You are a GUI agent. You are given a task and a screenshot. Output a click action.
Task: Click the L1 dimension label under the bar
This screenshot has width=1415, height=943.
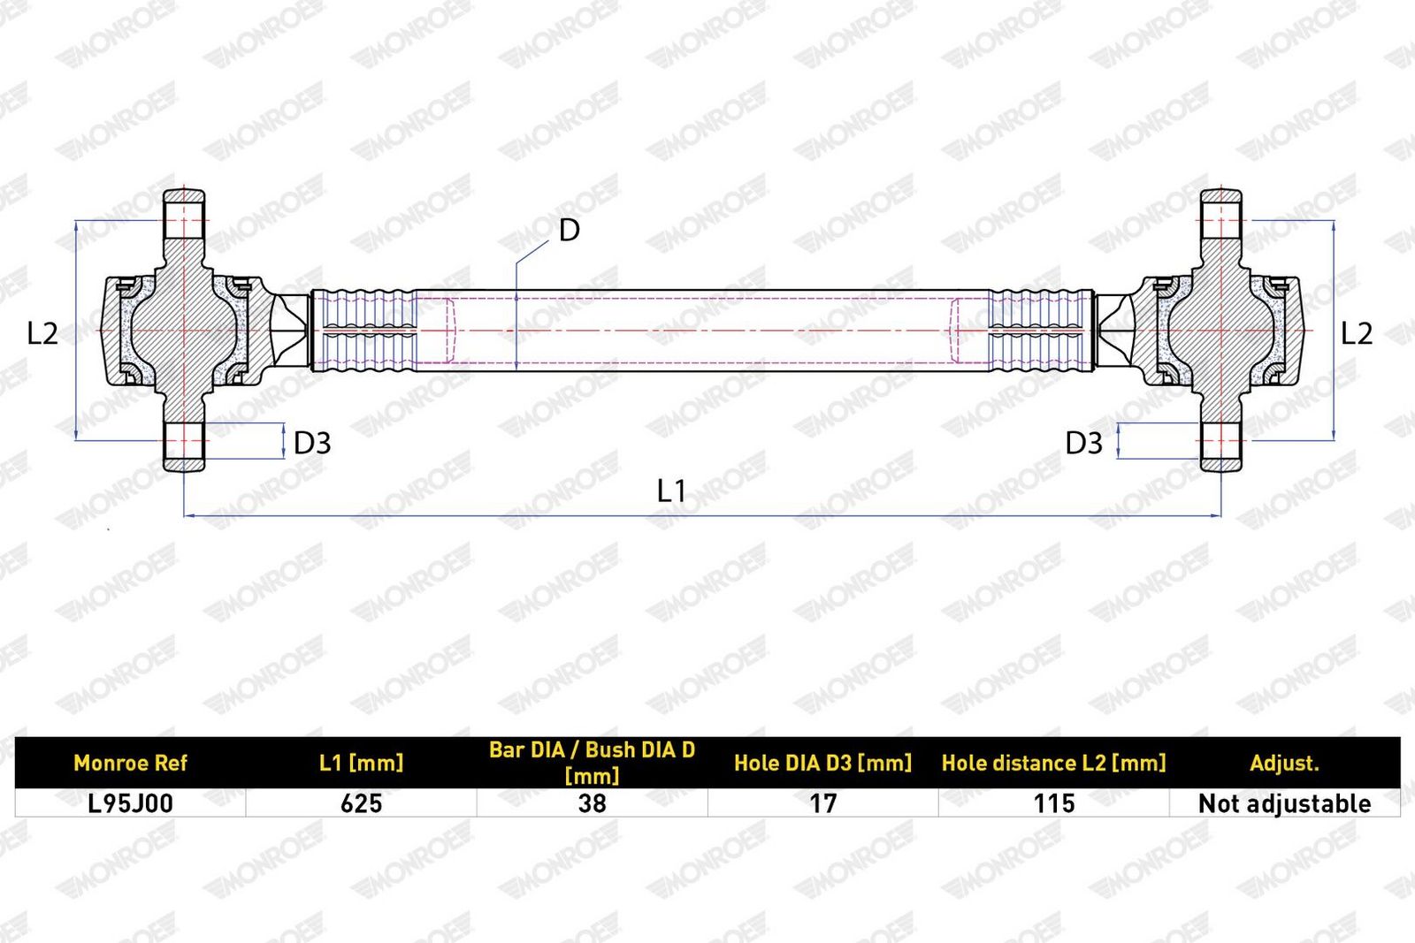pyautogui.click(x=671, y=491)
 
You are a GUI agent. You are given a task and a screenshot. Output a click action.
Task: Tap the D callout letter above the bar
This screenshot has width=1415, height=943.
pyautogui.click(x=570, y=231)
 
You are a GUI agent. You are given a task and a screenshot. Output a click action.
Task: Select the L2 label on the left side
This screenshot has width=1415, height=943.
pyautogui.click(x=43, y=332)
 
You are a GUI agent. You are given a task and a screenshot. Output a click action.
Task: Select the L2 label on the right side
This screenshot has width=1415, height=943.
pyautogui.click(x=1357, y=332)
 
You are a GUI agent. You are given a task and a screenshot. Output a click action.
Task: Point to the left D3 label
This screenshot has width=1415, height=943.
pyautogui.click(x=312, y=443)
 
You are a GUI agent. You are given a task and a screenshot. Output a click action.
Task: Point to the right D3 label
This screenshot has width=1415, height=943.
pyautogui.click(x=1084, y=443)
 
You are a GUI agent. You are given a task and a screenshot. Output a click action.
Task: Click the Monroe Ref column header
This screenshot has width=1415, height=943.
pyautogui.click(x=131, y=763)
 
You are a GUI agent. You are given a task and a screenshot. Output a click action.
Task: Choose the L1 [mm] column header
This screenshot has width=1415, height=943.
pyautogui.click(x=362, y=763)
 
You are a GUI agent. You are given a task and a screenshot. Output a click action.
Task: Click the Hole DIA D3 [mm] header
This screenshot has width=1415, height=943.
pyautogui.click(x=823, y=763)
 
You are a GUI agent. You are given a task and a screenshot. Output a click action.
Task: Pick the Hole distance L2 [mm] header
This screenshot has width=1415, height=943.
pyautogui.click(x=1053, y=763)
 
